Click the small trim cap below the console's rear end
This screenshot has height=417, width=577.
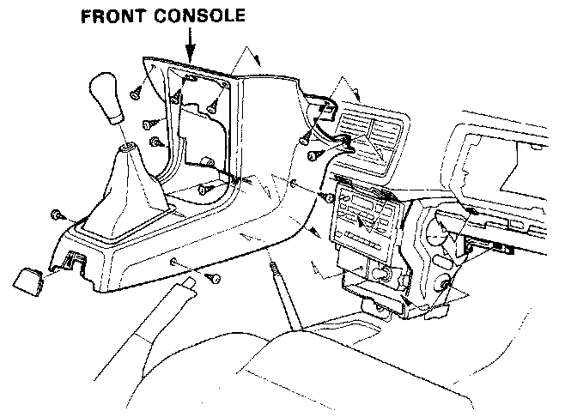(30, 279)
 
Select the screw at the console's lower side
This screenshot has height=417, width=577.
(213, 279)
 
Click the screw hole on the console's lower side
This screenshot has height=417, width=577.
(173, 261)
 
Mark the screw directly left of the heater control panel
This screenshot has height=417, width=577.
(327, 198)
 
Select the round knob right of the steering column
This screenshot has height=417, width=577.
(446, 286)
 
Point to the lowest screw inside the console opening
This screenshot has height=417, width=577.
(205, 189)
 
